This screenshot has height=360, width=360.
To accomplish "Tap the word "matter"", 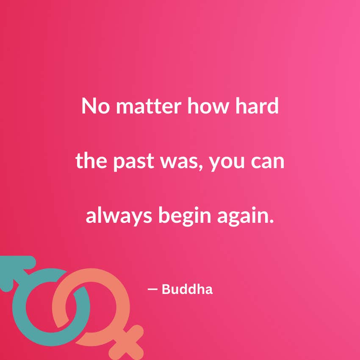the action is pyautogui.click(x=149, y=106).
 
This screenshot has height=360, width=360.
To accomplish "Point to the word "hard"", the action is pyautogui.click(x=257, y=105).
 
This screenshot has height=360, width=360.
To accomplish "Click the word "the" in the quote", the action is pyautogui.click(x=91, y=160).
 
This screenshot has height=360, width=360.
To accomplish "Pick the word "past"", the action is pyautogui.click(x=133, y=162).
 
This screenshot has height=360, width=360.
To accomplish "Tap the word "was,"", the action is pyautogui.click(x=181, y=162).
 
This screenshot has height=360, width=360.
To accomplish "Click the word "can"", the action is pyautogui.click(x=268, y=162).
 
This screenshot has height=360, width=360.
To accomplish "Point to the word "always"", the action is pyautogui.click(x=119, y=216).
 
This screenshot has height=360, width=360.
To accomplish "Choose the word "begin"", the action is pyautogui.click(x=185, y=216).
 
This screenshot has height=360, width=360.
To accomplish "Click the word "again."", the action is pyautogui.click(x=245, y=216).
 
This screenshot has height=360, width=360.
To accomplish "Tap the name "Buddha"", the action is pyautogui.click(x=187, y=289).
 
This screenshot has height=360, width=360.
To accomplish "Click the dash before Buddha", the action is pyautogui.click(x=152, y=289).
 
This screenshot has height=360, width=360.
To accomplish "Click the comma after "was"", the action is pyautogui.click(x=201, y=167).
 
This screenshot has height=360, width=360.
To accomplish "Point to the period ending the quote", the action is pyautogui.click(x=272, y=221).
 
